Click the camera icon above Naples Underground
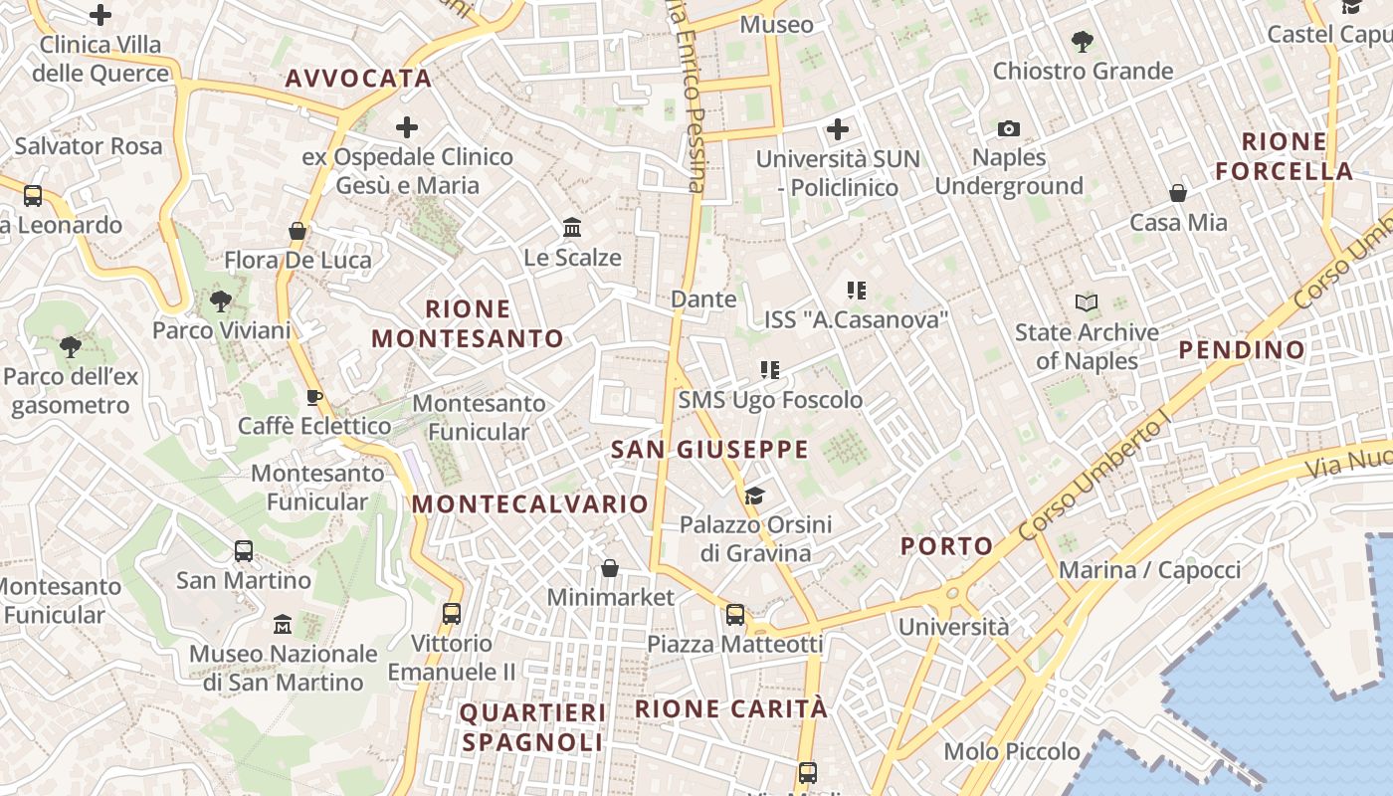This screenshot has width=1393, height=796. (x=1009, y=129)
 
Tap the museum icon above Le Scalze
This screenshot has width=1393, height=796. (x=572, y=229)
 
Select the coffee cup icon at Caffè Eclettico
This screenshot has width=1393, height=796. (x=314, y=398)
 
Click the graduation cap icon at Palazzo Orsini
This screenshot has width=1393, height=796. (x=754, y=496)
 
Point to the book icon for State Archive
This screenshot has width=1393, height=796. (x=1087, y=302)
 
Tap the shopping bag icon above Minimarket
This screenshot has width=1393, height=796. (x=610, y=568)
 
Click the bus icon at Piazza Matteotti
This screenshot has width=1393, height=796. (x=735, y=615)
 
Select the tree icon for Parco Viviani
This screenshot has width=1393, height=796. (x=221, y=300)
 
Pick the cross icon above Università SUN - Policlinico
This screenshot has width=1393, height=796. (x=838, y=129)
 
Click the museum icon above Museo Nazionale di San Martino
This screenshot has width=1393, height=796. (x=283, y=625)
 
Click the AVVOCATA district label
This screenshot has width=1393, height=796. (x=358, y=79)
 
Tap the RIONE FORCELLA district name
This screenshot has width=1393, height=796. (x=1285, y=156)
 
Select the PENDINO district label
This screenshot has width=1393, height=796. (x=1242, y=349)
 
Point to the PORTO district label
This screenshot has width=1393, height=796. (x=946, y=545)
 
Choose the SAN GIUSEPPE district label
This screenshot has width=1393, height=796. (x=709, y=450)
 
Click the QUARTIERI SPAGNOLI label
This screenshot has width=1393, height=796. (x=532, y=727)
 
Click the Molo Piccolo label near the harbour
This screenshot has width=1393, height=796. (x=1012, y=751)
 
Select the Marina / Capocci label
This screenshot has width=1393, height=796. (x=1149, y=570)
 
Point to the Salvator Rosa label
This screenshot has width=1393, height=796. (x=88, y=146)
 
